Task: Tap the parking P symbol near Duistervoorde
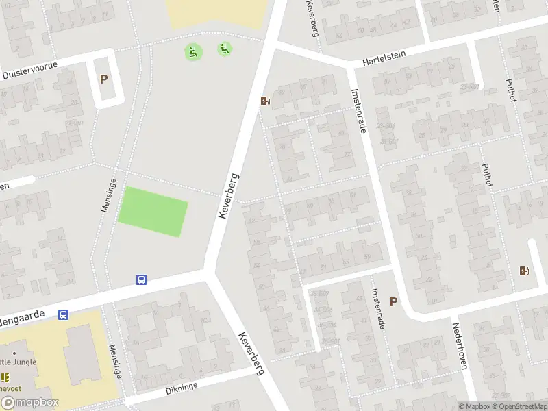103,79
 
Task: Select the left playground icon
193,51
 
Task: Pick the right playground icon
224,49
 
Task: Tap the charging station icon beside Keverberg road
265,101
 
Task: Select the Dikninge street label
181,387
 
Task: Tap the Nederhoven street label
459,346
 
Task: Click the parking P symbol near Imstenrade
393,301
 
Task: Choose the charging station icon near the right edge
524,271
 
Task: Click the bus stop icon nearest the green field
141,279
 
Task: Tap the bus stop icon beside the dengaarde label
63,314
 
